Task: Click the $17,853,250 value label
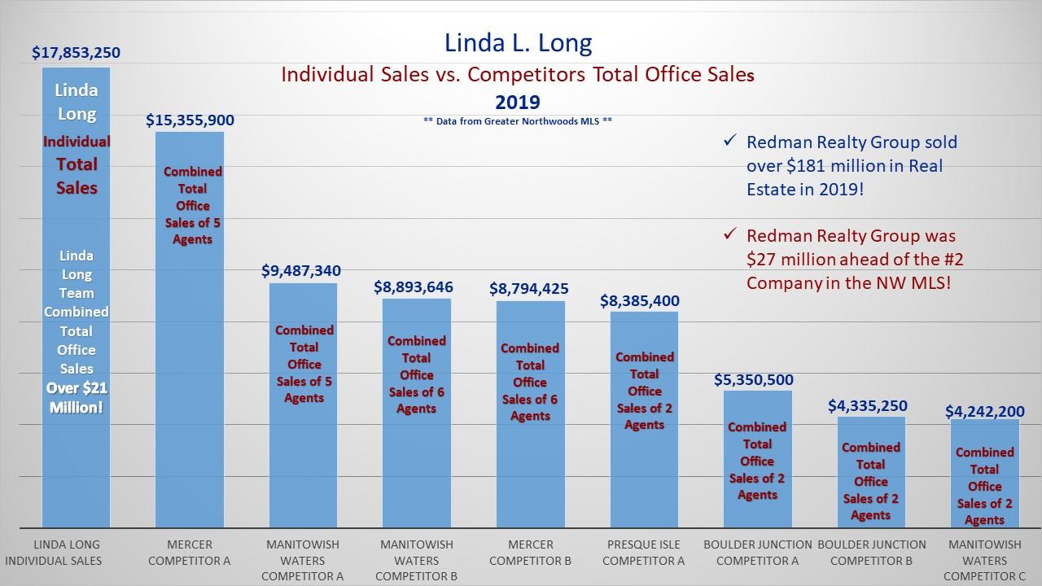pos(76,53)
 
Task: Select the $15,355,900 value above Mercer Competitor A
pos(190,120)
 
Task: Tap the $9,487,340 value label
pos(301,271)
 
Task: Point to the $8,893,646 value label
pos(414,287)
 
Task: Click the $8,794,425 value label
pos(528,289)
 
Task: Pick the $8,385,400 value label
pos(639,301)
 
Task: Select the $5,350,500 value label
pos(753,380)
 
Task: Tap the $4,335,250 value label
pos(867,406)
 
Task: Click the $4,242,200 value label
pos(984,412)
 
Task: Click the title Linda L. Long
pos(518,42)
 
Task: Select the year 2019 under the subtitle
pos(518,102)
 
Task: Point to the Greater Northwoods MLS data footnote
pos(518,120)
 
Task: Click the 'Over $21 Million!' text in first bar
pos(76,398)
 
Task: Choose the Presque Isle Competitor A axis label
pos(643,552)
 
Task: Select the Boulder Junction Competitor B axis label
pos(871,552)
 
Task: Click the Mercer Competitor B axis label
pos(530,552)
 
